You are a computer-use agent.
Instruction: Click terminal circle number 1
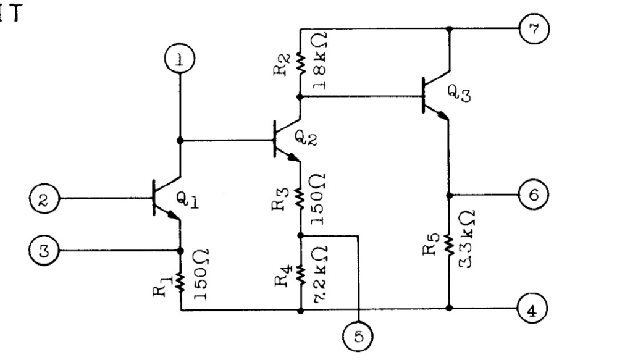[180, 59]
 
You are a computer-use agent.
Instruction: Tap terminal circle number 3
[44, 251]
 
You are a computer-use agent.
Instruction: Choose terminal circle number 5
[358, 336]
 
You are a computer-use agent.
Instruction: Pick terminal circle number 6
[534, 195]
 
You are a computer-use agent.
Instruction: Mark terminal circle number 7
[534, 29]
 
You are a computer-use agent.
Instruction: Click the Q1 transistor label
[187, 200]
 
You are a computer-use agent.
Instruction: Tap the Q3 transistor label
[459, 94]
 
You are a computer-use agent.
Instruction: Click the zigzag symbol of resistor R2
[300, 64]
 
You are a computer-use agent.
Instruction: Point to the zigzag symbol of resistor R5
[449, 244]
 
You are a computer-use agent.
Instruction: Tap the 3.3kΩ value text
[467, 239]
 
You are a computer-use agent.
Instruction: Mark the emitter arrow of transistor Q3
[442, 114]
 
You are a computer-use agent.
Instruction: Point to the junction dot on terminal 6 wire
[449, 195]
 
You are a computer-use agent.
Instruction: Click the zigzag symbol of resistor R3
[300, 199]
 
